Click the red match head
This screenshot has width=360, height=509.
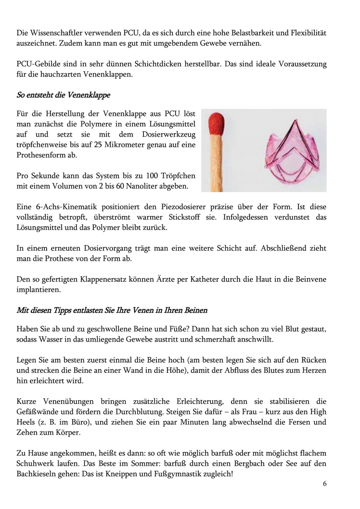217,125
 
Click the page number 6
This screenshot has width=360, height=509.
325,484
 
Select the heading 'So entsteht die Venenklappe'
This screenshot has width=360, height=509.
63,95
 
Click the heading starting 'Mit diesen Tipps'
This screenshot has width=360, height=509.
112,310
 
